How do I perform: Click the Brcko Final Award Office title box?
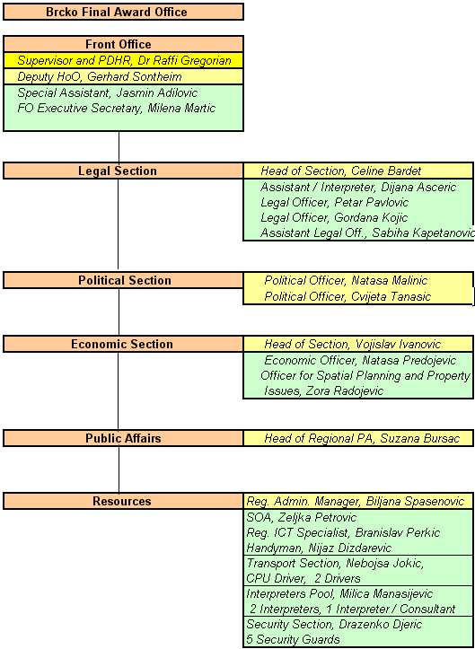(123, 12)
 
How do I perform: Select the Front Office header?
(123, 44)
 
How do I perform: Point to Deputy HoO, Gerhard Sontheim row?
(123, 76)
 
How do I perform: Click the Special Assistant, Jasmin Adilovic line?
(108, 92)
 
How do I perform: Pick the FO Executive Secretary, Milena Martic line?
(117, 108)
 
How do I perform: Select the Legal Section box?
(123, 171)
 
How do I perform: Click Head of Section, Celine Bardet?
(340, 171)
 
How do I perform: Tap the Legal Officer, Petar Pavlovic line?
(334, 202)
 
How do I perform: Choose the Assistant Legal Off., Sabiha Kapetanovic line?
(367, 233)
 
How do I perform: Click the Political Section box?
(123, 280)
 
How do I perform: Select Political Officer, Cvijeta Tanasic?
(347, 296)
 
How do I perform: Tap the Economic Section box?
(123, 344)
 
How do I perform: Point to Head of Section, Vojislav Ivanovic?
(352, 344)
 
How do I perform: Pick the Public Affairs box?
(123, 438)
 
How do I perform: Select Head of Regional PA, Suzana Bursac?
(362, 438)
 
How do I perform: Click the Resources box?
(123, 501)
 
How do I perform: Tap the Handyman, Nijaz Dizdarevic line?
(319, 548)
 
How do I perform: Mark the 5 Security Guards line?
(294, 639)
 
